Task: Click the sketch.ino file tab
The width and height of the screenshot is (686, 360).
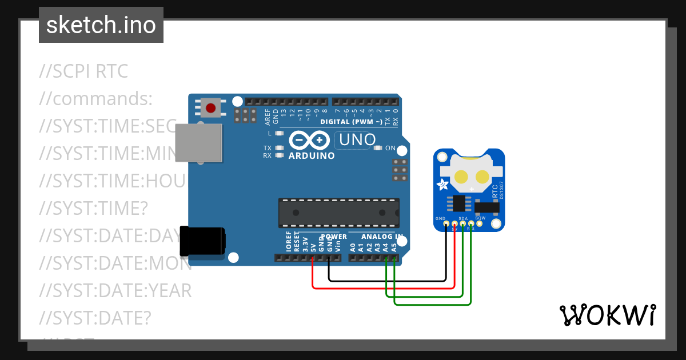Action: click(x=101, y=25)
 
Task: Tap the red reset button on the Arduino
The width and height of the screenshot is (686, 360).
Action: click(x=211, y=107)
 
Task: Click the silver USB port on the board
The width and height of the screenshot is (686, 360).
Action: click(x=198, y=143)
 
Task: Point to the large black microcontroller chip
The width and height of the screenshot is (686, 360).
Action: click(x=338, y=212)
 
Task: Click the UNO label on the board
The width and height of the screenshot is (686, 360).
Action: click(x=357, y=139)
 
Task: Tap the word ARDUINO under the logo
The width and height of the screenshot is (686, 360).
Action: click(x=312, y=155)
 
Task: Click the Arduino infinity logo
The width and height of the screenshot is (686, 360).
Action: click(x=309, y=141)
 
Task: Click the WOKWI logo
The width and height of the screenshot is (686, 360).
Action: click(x=607, y=315)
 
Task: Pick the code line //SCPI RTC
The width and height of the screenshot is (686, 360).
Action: click(x=84, y=72)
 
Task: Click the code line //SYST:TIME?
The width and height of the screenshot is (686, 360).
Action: click(x=94, y=209)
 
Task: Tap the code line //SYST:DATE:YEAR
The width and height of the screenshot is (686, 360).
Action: click(x=115, y=291)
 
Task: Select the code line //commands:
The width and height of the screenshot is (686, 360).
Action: click(x=96, y=99)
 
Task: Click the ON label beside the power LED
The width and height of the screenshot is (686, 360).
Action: click(x=390, y=148)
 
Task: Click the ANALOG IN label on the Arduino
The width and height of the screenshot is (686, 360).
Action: click(x=382, y=236)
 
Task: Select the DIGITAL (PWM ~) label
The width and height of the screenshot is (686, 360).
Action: click(x=351, y=122)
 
